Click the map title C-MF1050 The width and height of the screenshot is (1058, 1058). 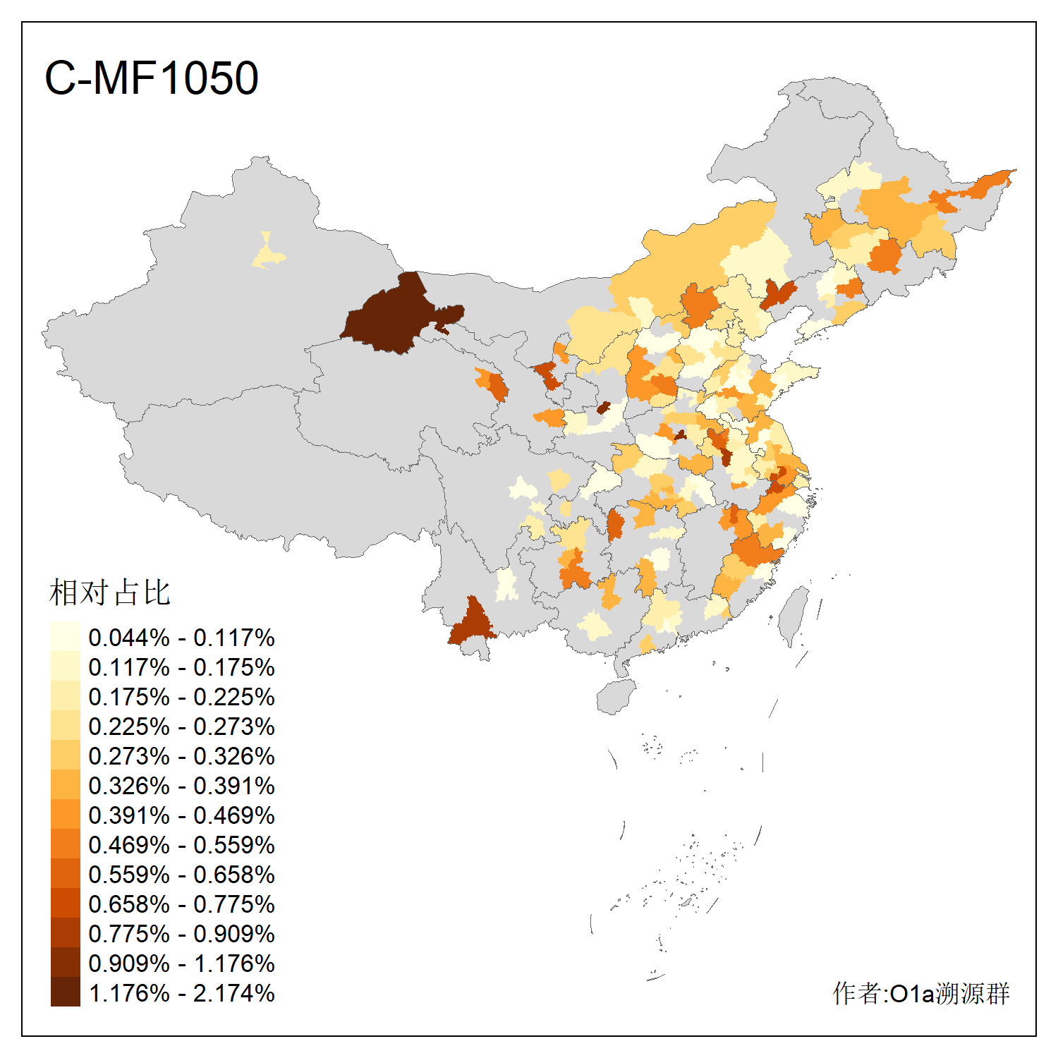tap(151, 78)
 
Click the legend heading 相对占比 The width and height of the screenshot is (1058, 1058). tap(109, 592)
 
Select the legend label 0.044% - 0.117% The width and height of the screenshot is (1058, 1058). tap(181, 638)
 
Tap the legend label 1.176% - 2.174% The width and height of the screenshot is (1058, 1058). tap(181, 993)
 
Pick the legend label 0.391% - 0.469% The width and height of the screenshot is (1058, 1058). tap(181, 815)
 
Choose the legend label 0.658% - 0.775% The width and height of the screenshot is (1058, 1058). tap(181, 904)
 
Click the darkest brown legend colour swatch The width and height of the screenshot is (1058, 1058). tap(65, 992)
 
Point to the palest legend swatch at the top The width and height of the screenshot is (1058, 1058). tap(65, 636)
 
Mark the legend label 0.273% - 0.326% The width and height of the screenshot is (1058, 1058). tap(181, 756)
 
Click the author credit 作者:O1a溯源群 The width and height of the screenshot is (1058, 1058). tap(920, 993)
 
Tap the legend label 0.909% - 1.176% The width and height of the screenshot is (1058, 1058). tap(181, 963)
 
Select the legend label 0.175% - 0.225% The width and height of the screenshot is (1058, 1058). tap(181, 697)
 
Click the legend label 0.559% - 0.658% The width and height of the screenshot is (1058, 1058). tap(181, 875)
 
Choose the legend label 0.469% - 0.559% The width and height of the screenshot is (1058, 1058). tap(181, 845)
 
